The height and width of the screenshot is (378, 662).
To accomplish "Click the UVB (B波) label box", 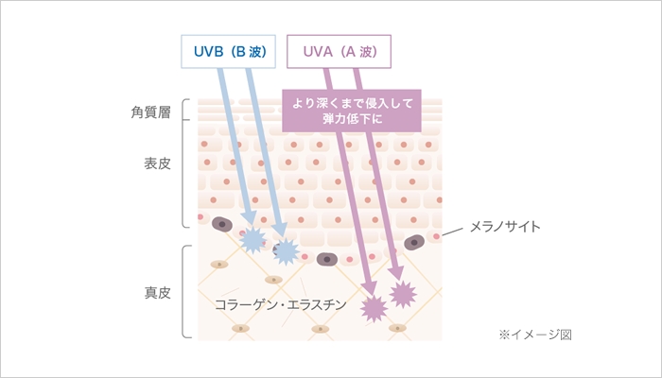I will click(228, 52).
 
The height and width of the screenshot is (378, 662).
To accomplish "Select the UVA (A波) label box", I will click(339, 52).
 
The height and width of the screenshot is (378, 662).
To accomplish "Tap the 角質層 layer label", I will click(150, 112).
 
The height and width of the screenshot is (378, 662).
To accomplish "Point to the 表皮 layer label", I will click(157, 163).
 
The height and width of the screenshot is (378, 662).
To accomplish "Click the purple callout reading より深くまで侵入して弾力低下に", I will click(351, 112).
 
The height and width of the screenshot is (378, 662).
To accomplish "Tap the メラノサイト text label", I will click(505, 227).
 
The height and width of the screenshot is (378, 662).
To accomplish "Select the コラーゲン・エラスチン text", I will click(281, 305).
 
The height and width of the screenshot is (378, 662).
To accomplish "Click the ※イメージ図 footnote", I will click(535, 334).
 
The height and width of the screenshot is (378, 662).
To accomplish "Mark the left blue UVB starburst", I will click(253, 239).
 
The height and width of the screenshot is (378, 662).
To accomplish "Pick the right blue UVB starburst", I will click(285, 250).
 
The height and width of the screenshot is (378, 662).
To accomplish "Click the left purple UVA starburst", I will click(373, 306).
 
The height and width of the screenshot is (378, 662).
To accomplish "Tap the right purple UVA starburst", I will click(404, 294).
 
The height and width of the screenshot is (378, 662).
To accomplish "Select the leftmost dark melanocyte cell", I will click(223, 225).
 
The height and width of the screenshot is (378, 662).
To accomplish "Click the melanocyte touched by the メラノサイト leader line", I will click(414, 243).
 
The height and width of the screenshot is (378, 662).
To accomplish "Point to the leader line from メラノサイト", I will click(454, 231).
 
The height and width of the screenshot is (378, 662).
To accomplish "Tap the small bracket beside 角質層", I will click(186, 111).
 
